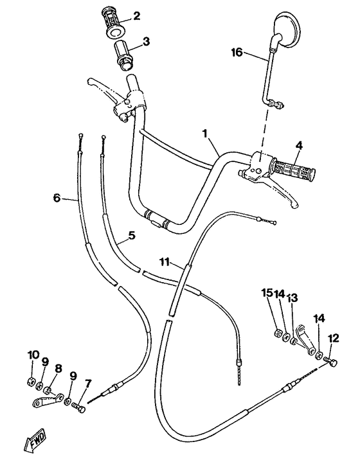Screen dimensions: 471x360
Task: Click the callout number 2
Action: point(136,16)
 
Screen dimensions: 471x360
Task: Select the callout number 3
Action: point(147,42)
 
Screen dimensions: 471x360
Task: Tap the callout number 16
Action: point(237,53)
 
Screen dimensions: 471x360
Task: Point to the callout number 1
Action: point(205,134)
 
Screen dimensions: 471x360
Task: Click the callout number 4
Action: point(298,146)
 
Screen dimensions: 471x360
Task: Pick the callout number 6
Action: point(57,198)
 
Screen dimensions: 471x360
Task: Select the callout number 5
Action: point(131,236)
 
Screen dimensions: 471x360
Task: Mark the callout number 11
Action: point(165,262)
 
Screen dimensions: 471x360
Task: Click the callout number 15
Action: point(267,293)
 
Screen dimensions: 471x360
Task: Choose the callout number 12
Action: point(332,338)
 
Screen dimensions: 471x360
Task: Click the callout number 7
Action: point(88,383)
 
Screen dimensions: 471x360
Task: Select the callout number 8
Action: point(58,369)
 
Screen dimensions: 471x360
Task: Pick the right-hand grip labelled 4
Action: point(293,172)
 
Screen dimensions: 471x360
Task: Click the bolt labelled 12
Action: point(332,362)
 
